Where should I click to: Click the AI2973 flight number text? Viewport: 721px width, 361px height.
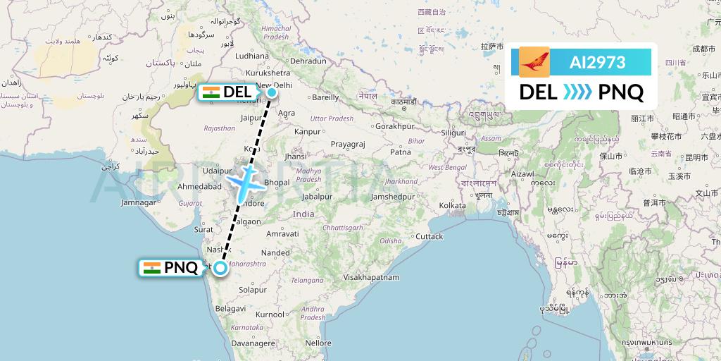pyautogui.click(x=597, y=62)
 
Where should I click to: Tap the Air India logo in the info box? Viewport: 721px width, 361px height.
pyautogui.click(x=534, y=62)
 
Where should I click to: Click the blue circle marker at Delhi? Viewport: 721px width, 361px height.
pyautogui.click(x=272, y=91)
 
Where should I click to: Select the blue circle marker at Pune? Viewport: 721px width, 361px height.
pyautogui.click(x=220, y=267)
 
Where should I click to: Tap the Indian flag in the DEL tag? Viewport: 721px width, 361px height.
pyautogui.click(x=211, y=92)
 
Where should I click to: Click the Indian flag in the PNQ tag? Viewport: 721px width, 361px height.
pyautogui.click(x=151, y=267)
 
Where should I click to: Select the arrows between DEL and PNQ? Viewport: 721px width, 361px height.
pyautogui.click(x=579, y=92)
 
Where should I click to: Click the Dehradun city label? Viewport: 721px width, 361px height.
pyautogui.click(x=308, y=61)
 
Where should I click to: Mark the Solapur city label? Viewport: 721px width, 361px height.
pyautogui.click(x=253, y=290)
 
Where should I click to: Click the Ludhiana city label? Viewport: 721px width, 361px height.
pyautogui.click(x=253, y=55)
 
